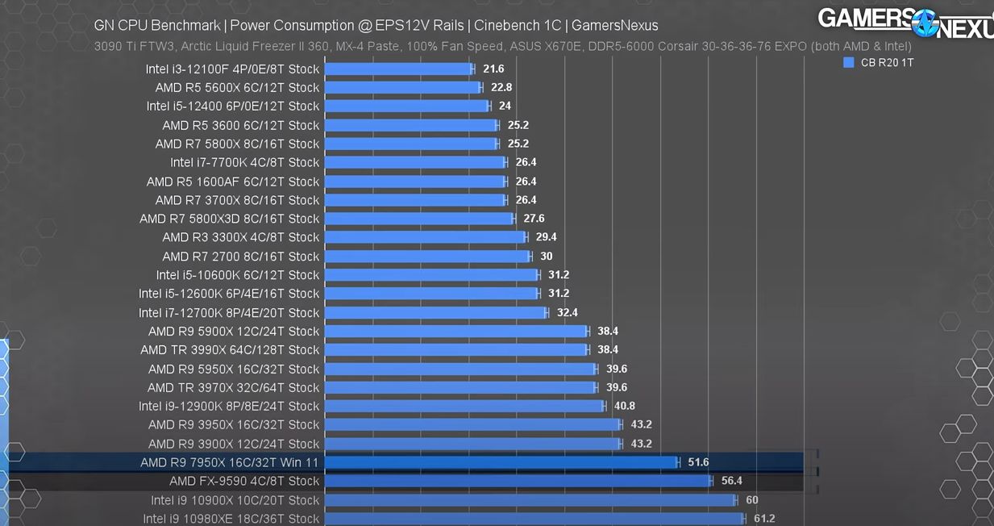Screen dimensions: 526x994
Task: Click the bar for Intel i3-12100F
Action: tap(399, 69)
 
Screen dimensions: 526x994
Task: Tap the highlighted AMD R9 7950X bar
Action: tap(501, 462)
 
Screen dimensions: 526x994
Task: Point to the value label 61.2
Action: tap(763, 519)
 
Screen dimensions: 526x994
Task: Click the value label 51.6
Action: tap(698, 462)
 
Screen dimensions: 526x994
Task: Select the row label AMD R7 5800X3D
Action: tap(230, 219)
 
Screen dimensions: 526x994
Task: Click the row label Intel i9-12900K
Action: tap(229, 406)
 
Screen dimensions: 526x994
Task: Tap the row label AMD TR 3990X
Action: tap(230, 350)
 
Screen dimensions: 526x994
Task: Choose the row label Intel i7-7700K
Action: tap(245, 162)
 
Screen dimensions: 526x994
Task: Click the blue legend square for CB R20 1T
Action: tap(848, 62)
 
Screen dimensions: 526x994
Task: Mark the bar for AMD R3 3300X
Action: tap(425, 237)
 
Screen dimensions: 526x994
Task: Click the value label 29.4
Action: tap(546, 237)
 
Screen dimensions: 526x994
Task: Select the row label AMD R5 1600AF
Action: tap(233, 182)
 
